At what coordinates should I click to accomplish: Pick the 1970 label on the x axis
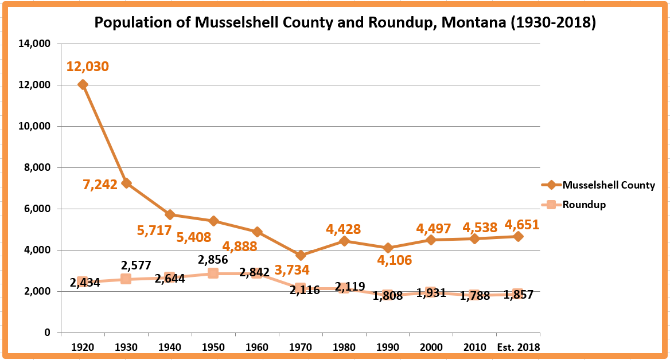point(300,347)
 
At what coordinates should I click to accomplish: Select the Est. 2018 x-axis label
point(518,347)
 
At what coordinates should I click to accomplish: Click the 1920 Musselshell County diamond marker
point(83,85)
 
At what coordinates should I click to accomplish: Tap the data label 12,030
point(87,66)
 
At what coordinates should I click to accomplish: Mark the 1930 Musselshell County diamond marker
point(126,183)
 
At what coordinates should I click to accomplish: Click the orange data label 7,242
point(100,184)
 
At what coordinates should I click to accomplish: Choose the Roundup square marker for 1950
point(213,273)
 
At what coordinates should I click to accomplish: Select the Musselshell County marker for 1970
point(300,256)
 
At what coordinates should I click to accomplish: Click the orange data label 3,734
point(291,269)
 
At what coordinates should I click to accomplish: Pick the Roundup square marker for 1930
point(126,279)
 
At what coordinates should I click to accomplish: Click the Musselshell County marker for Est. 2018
point(518,236)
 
